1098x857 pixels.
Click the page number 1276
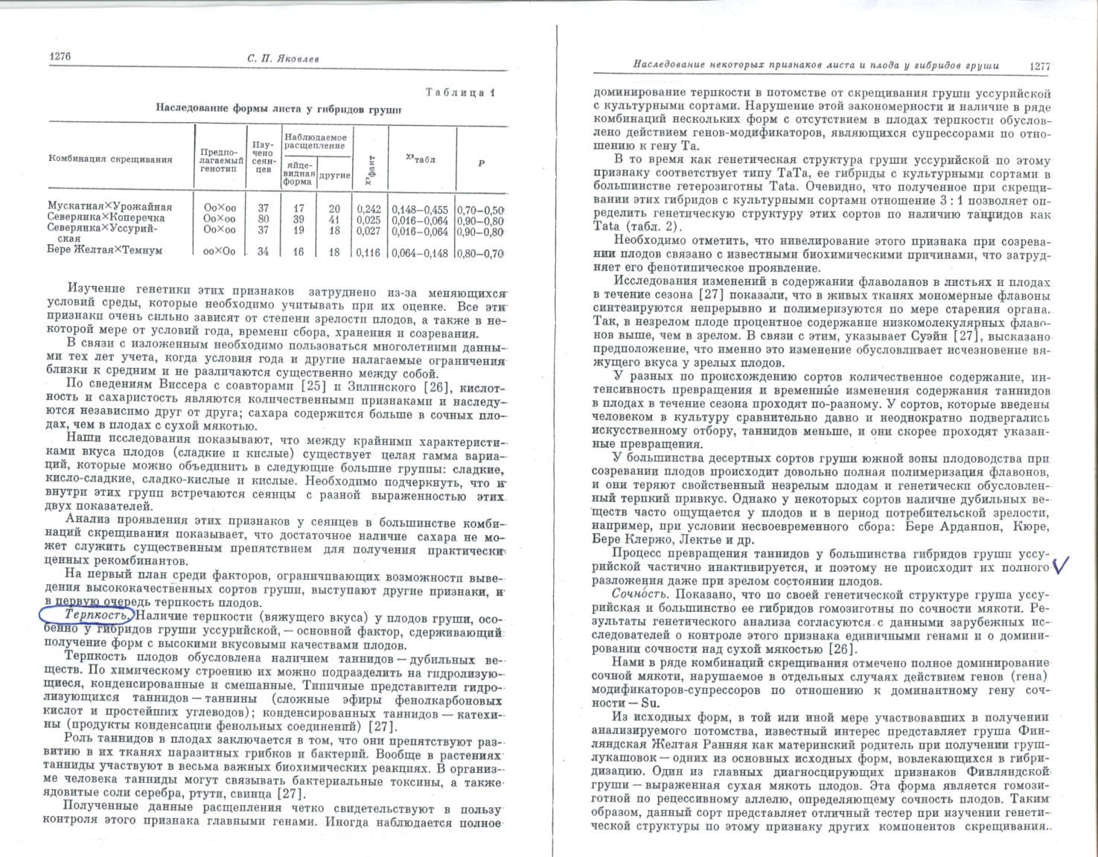click(x=60, y=56)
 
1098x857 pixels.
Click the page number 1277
click(x=1040, y=66)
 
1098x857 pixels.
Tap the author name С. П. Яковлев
click(x=281, y=59)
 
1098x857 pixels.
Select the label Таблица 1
click(x=460, y=92)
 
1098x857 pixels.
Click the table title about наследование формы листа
click(x=278, y=107)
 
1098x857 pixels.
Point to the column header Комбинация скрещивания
click(x=110, y=159)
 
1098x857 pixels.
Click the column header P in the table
click(x=481, y=163)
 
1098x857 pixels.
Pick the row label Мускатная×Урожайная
click(x=109, y=207)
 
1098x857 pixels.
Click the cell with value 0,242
click(x=369, y=209)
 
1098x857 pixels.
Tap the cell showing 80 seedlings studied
click(x=263, y=220)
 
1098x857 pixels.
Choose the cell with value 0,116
click(x=369, y=252)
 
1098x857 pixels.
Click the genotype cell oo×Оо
click(x=220, y=252)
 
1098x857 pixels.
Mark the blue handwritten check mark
click(x=1062, y=567)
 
